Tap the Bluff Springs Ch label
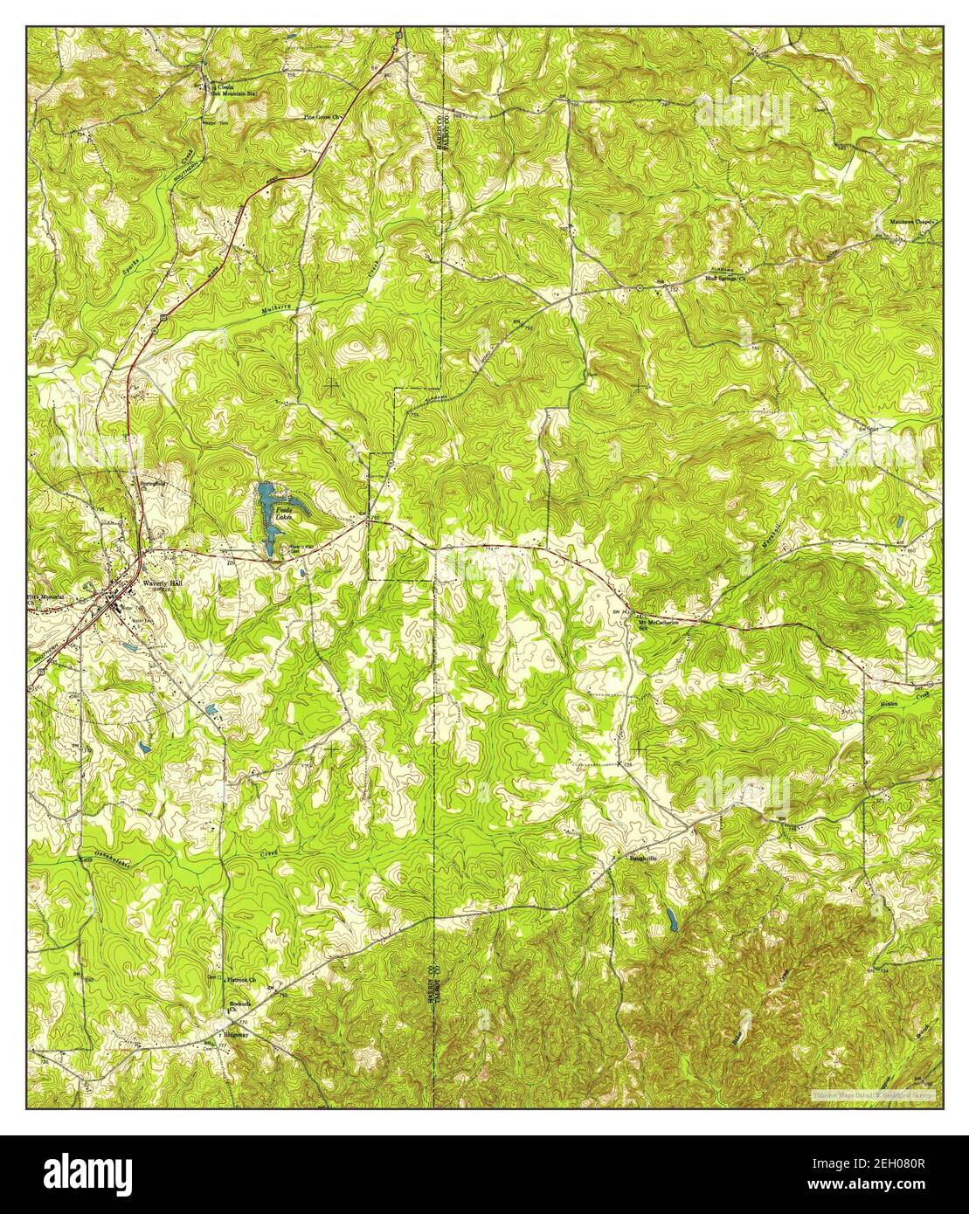[726, 279]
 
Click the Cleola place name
[227, 88]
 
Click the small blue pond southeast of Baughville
[670, 919]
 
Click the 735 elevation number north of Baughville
[627, 765]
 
